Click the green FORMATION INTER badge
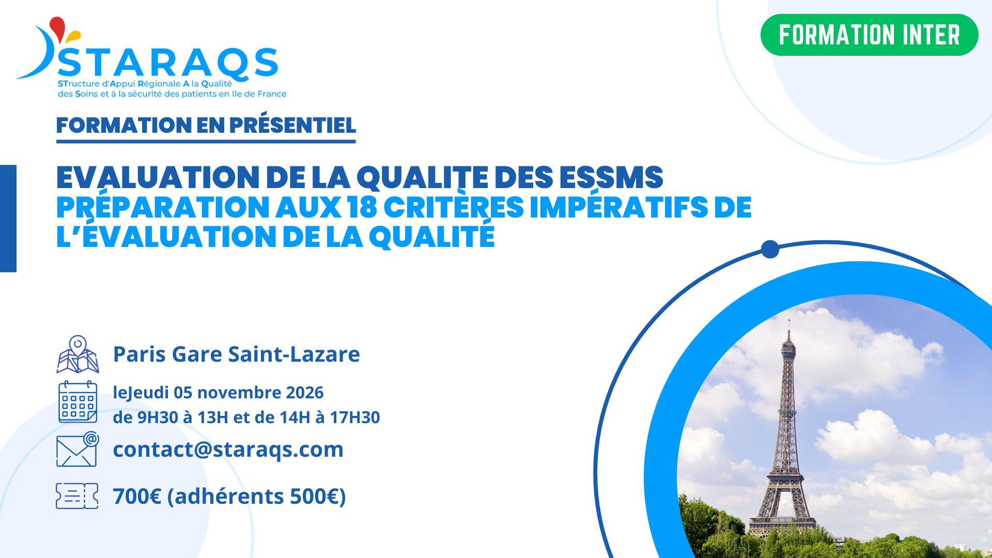coord(869,35)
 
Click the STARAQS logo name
coord(168,63)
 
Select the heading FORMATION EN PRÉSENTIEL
coord(206,125)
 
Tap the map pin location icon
coord(78,354)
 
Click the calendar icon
coord(78,402)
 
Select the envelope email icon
coord(78,449)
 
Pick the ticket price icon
coord(77,496)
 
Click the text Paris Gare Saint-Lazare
coord(236,354)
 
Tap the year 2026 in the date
coord(305,393)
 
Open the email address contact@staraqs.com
coord(228,450)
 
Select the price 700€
coord(137,497)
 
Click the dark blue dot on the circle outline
coord(770,249)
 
